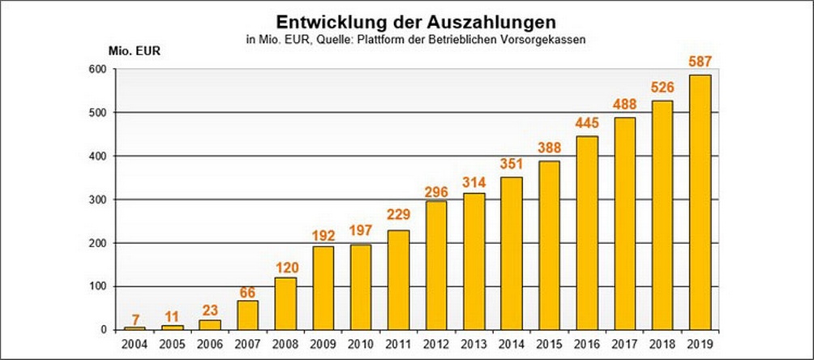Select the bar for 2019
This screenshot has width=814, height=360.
coord(700,202)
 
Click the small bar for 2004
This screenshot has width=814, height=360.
coord(135,328)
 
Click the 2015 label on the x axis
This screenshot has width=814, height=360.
coord(549,344)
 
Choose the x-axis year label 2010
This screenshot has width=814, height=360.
coord(360,344)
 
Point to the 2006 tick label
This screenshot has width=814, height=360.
coord(210,344)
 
